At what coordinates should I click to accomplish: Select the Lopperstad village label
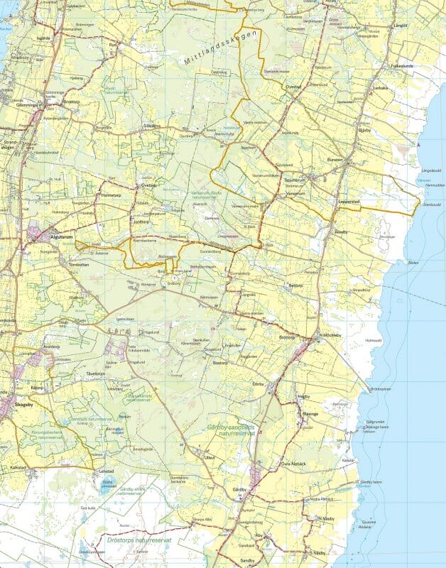click(349, 202)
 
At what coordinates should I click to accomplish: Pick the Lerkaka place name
click(382, 88)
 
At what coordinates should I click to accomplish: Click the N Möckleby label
click(330, 334)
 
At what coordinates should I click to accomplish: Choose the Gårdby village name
click(239, 489)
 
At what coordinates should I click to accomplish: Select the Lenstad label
click(107, 471)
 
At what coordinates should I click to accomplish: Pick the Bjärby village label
click(365, 131)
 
